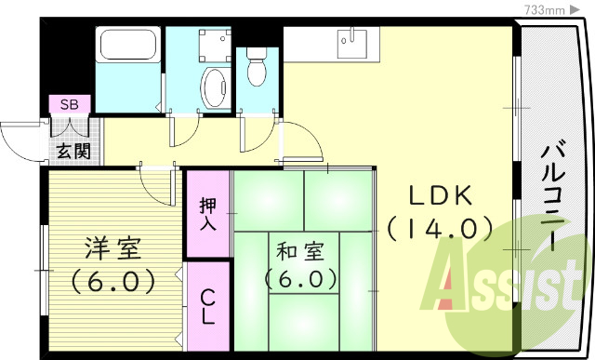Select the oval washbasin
[x=215, y=86]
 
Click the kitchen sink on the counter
[x=350, y=39]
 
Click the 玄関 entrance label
[x=72, y=150]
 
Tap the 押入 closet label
[x=207, y=213]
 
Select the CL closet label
[x=207, y=307]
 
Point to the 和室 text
[x=298, y=250]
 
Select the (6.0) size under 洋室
[x=112, y=279]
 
